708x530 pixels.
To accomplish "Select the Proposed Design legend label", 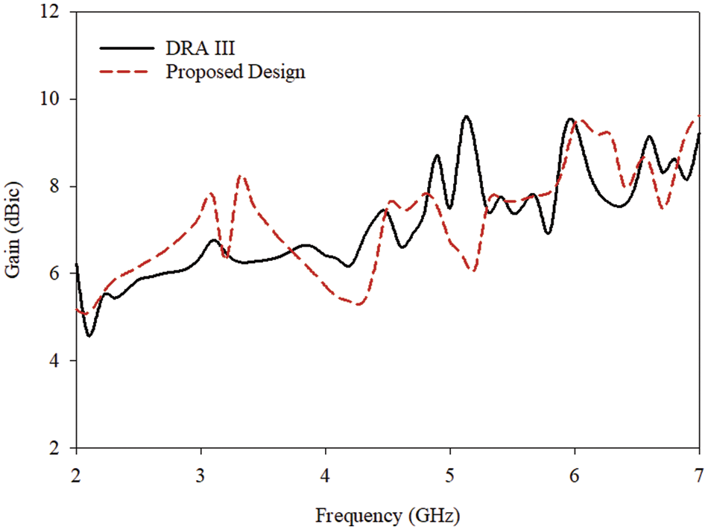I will point(236,72).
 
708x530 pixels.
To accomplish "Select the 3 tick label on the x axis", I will point(200,475).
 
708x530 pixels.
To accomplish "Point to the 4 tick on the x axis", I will point(325,475).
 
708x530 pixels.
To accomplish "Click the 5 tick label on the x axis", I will point(449,475).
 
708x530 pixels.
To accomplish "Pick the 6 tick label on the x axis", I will point(574,475).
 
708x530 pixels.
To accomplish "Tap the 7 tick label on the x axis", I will point(698,475).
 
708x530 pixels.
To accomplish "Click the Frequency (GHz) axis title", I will point(387,515).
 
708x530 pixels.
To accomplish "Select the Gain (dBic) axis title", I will point(16,230).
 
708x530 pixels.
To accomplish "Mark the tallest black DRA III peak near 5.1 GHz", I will point(467,116).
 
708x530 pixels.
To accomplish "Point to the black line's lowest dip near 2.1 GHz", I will point(89,336).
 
